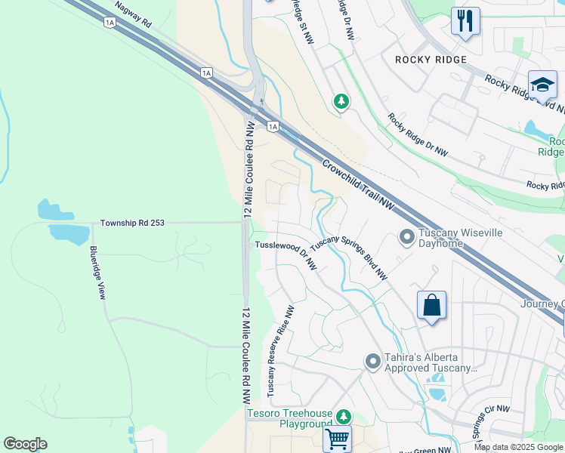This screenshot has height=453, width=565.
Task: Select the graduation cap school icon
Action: [542, 85]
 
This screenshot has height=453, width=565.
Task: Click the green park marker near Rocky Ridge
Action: [342, 100]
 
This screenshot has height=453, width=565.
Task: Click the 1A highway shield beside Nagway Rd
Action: [110, 23]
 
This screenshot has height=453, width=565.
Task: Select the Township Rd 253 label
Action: [132, 223]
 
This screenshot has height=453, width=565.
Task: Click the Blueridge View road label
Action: [97, 272]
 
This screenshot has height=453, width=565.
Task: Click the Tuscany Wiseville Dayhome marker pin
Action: [406, 238]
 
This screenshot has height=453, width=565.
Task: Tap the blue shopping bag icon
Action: [431, 307]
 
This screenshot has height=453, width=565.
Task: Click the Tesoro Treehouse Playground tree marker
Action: [344, 417]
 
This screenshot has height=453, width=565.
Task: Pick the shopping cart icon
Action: [337, 438]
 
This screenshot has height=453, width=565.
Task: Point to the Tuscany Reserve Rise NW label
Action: [279, 350]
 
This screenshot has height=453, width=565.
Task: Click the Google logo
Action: [25, 444]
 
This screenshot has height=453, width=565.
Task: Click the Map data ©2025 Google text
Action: [518, 447]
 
